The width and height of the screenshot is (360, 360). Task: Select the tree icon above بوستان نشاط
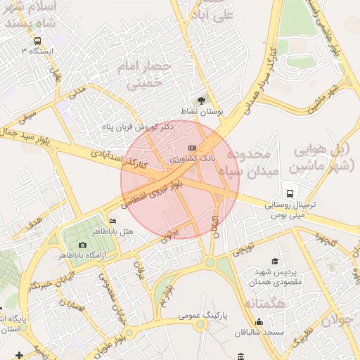point(202,101)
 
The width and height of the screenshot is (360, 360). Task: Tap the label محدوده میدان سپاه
point(251,162)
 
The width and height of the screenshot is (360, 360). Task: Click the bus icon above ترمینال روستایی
point(290,193)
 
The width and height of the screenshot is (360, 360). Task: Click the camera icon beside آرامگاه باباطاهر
point(83,245)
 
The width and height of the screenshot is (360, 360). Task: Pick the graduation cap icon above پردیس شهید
point(275,261)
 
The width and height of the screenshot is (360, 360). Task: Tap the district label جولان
point(338,316)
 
